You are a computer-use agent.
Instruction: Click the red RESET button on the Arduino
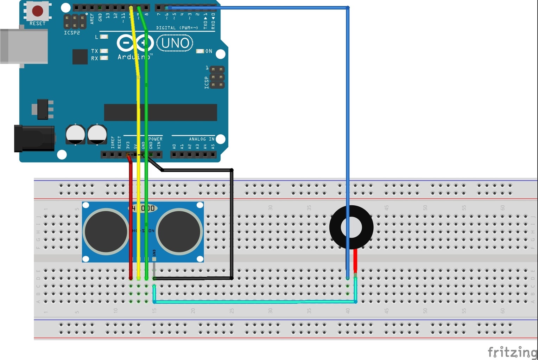click(x=38, y=11)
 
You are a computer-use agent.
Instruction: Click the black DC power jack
click(x=34, y=139)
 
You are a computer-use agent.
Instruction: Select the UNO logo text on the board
click(x=175, y=44)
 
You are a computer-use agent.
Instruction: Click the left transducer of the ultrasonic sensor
click(x=106, y=231)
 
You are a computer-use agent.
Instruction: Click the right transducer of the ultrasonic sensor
click(x=179, y=231)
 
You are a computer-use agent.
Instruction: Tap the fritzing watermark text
click(x=512, y=352)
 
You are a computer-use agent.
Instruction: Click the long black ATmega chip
click(x=160, y=112)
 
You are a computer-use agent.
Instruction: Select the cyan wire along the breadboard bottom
click(x=253, y=302)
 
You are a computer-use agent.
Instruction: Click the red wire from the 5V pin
click(x=131, y=218)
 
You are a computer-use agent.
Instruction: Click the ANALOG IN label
click(x=202, y=139)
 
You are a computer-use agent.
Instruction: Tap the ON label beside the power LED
click(x=209, y=51)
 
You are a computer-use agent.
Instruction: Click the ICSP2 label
click(x=72, y=33)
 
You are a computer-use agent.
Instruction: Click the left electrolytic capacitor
click(x=75, y=134)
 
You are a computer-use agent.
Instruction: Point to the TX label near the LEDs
click(x=94, y=51)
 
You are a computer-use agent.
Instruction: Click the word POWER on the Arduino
click(x=156, y=139)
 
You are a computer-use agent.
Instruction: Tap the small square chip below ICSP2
click(x=80, y=57)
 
